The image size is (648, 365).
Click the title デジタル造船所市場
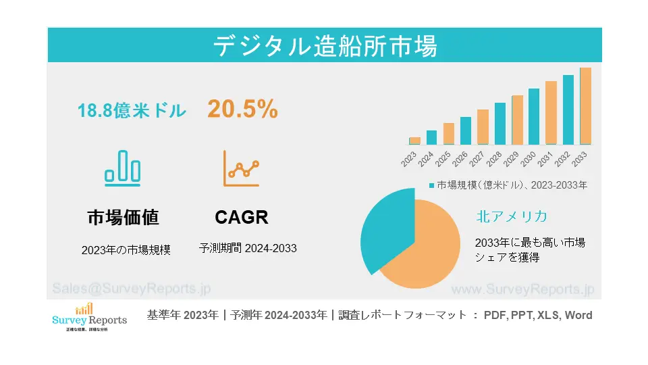pos(325,45)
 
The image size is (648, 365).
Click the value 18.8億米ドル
pos(132,110)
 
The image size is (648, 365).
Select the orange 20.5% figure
pos(242,109)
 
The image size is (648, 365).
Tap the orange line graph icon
pos(241,168)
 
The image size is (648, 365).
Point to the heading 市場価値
pos(123,217)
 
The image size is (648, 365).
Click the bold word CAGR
pos(242,217)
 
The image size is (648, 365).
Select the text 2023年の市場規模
pos(126,249)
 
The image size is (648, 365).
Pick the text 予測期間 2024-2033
pos(248,248)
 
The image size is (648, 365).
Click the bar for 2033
pos(585,106)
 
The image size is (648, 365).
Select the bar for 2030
pos(534,116)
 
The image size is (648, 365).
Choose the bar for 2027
pos(483,127)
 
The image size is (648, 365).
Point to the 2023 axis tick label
pos(409,160)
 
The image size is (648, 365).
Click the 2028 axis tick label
pos(494,160)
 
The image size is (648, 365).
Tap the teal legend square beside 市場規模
pos(432,185)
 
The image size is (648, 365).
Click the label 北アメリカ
pos(511,216)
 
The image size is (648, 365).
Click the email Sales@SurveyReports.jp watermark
pos(132,289)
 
